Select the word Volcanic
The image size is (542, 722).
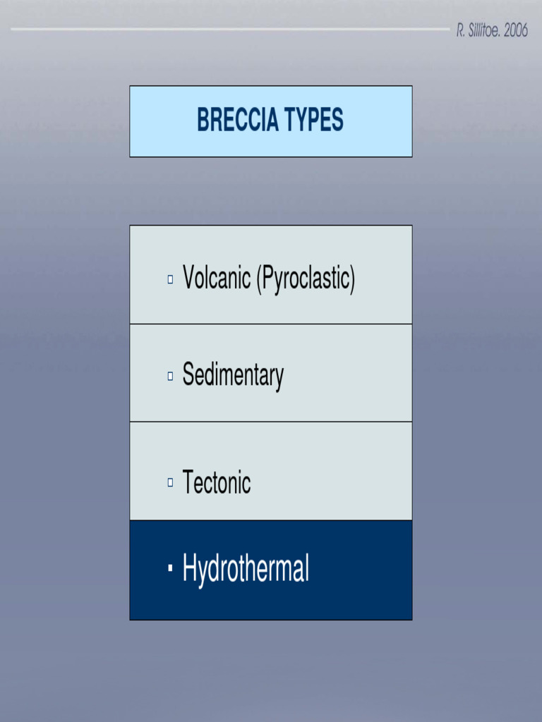click(x=217, y=279)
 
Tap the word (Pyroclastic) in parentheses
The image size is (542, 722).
click(x=305, y=279)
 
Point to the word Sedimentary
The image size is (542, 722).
click(x=233, y=376)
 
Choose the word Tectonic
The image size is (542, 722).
click(x=217, y=483)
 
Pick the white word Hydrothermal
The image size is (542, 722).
click(x=246, y=568)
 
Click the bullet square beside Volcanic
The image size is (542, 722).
click(x=170, y=280)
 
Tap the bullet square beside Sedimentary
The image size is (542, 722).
click(x=170, y=377)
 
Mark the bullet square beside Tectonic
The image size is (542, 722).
click(x=170, y=483)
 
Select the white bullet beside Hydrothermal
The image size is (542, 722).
click(x=170, y=568)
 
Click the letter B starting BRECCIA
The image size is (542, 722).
click(x=203, y=121)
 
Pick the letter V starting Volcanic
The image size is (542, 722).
click(x=189, y=279)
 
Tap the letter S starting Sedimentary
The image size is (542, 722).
click(x=188, y=374)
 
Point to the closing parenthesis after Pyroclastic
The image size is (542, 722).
click(x=352, y=279)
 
